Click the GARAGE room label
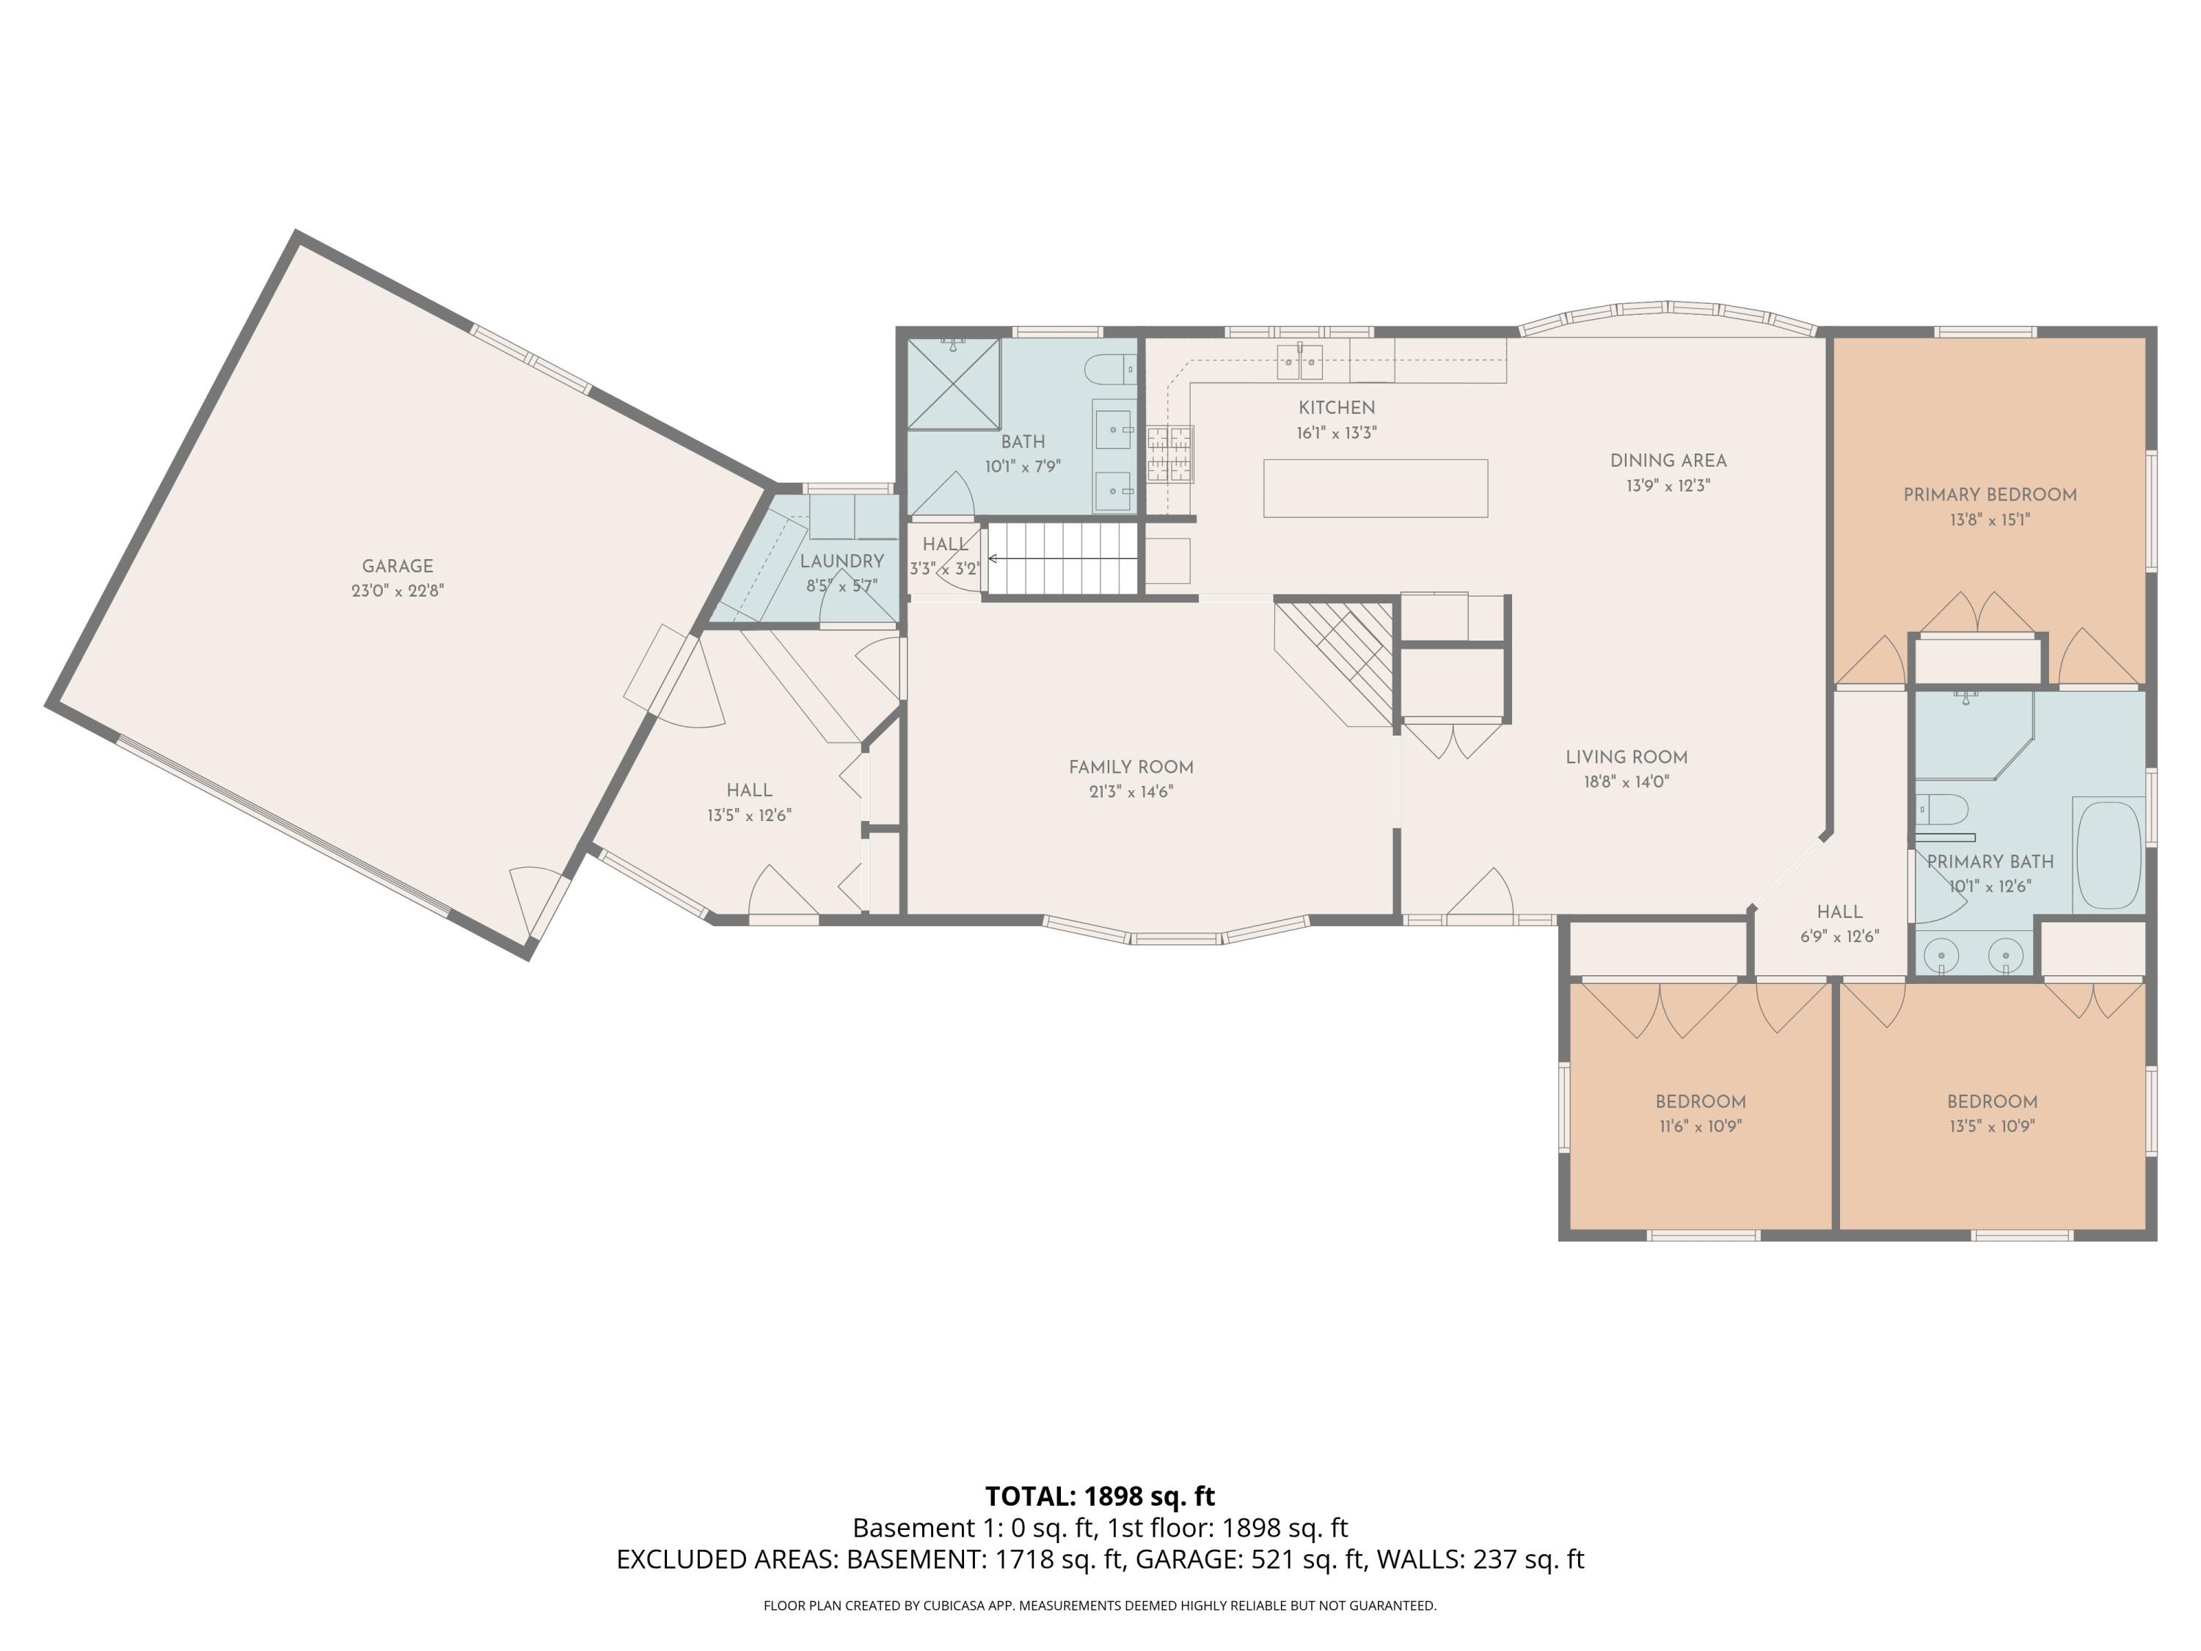397,565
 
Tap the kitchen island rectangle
1375,488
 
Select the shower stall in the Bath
953,384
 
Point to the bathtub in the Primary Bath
2109,855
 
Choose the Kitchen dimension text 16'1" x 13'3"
1336,433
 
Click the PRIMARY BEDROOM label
1990,495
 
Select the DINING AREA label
1668,460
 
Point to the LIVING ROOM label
1627,757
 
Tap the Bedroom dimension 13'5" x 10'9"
1992,1126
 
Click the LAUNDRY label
842,561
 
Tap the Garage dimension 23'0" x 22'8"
397,590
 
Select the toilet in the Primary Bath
1942,810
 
